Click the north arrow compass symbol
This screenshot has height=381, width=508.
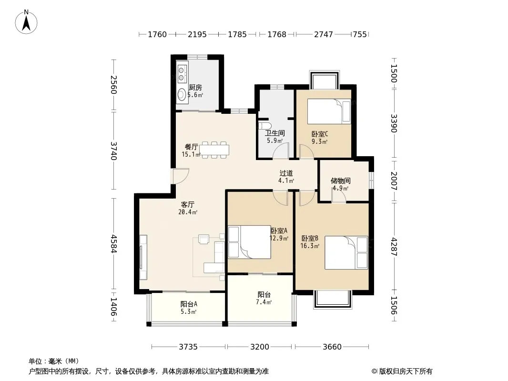coord(26,22)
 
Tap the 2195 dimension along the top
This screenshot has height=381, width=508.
coord(197,34)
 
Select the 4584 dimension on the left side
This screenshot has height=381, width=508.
coord(113,243)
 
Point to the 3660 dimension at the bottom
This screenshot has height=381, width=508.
coord(332,347)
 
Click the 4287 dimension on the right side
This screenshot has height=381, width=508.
coord(394,247)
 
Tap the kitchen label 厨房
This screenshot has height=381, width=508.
coord(195,88)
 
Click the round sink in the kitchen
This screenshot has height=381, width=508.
coord(182,95)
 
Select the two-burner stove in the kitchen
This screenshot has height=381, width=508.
coord(182,73)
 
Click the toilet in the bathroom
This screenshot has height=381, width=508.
coord(262,126)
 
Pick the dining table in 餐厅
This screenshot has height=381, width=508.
coord(214,150)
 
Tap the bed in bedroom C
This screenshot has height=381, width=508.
coord(329,111)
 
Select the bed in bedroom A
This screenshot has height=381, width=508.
coord(249,242)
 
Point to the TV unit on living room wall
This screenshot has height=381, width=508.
coord(143,257)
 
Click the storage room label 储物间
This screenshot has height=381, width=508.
coord(340,180)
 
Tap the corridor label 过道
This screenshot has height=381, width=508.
coord(286,173)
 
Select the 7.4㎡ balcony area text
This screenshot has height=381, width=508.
coord(264,302)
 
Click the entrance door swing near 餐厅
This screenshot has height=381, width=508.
coord(180,176)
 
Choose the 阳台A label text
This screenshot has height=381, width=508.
coord(189,304)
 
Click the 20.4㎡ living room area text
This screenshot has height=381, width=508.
coord(188,212)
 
